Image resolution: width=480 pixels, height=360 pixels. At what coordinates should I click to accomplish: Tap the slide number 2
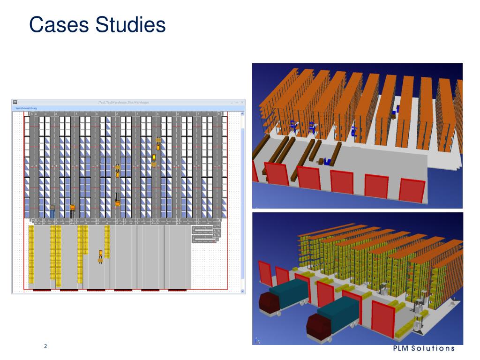pos(45,346)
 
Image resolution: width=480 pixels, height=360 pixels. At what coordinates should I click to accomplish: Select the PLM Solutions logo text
pos(423,348)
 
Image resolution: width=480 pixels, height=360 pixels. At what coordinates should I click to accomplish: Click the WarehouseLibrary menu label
pos(26,108)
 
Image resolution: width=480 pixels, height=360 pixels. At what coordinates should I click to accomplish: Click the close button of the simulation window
pos(242,102)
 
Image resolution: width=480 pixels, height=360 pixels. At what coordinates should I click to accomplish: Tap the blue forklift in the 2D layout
pos(52,210)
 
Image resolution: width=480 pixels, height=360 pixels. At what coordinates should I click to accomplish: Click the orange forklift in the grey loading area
pos(100,256)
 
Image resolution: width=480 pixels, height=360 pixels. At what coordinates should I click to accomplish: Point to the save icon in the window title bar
pos(15,102)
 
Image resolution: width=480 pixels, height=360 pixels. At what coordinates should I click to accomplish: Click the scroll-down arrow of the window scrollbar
pos(242,291)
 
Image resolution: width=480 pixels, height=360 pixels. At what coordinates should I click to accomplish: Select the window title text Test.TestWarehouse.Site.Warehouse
pos(127,102)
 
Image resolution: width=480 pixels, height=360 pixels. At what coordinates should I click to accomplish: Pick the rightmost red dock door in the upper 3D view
pos(412,190)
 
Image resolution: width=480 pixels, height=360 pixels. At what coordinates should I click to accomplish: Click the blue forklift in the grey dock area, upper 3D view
pos(326,162)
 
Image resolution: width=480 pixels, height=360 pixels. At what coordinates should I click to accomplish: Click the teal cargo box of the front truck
pos(338,312)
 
